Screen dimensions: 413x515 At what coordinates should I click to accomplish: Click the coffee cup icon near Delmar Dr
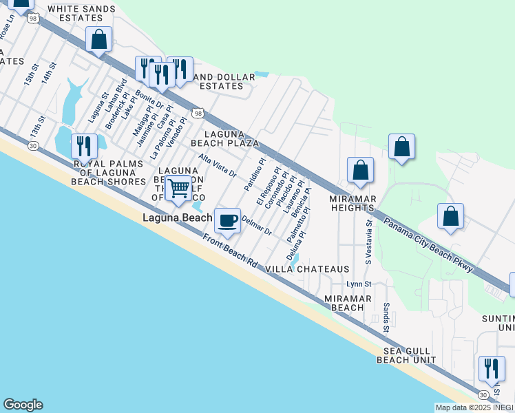228,220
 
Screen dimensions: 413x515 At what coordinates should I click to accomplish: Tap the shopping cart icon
178,187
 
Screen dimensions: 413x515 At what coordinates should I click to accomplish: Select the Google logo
23,405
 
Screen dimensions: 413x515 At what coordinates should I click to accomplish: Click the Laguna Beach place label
177,218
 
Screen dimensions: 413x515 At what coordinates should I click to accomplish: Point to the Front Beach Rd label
230,253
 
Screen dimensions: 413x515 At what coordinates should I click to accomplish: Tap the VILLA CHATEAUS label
308,269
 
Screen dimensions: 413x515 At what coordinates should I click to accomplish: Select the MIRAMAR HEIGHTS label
353,204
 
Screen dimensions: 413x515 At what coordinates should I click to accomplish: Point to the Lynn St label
359,284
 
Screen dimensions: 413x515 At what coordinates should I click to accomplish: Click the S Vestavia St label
369,242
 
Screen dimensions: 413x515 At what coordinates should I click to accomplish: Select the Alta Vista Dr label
218,165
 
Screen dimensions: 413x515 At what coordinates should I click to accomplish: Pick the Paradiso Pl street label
254,176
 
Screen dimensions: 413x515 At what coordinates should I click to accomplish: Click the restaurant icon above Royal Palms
83,146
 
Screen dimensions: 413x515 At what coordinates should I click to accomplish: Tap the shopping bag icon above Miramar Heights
360,169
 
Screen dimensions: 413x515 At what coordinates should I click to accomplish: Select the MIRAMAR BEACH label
348,303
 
